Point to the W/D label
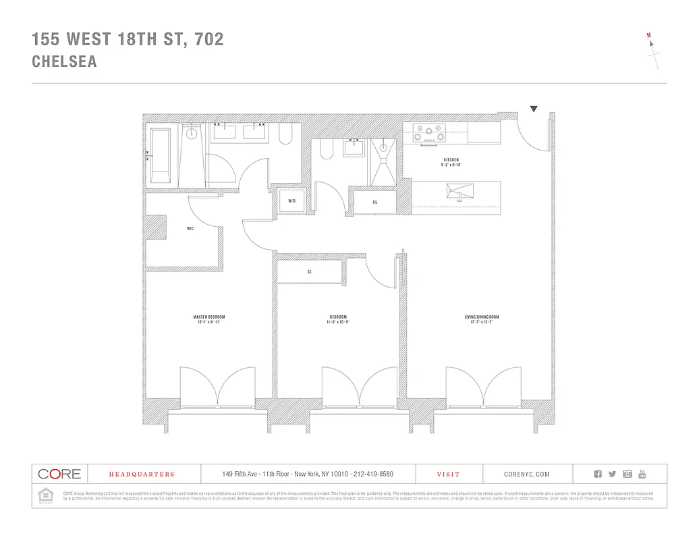(x=292, y=201)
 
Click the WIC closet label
(x=190, y=229)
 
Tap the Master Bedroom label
(x=208, y=317)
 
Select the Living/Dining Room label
(x=482, y=317)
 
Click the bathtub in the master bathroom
(x=161, y=156)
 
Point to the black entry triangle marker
(x=534, y=108)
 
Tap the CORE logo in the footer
(x=59, y=475)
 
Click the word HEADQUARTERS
(x=142, y=475)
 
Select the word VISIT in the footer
(x=449, y=475)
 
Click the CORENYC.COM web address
(x=527, y=475)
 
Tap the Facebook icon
(x=598, y=475)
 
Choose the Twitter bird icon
(x=613, y=475)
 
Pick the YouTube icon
(x=642, y=475)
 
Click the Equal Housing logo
(x=46, y=495)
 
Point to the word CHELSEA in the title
(x=64, y=61)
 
